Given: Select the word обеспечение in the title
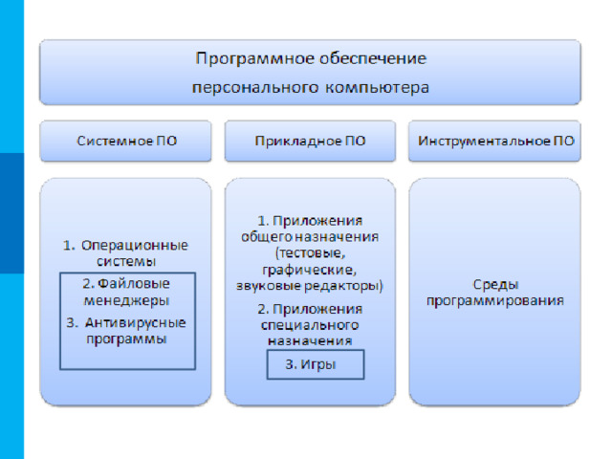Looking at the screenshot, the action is (373, 59).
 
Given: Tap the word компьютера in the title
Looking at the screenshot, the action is (377, 88).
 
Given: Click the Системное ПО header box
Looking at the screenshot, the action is (125, 141).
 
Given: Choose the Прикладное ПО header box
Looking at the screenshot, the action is (310, 141).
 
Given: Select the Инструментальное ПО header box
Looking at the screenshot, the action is (494, 141).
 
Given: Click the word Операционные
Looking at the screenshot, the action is (135, 246).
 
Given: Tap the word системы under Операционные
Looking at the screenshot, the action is (126, 261).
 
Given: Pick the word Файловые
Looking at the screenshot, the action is (134, 284).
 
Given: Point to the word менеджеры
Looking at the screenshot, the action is (126, 301).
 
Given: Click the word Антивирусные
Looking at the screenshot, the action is (136, 323).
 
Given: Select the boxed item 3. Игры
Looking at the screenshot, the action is (316, 364).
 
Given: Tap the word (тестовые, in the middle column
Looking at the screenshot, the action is (310, 253).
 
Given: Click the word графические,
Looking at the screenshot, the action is (309, 270).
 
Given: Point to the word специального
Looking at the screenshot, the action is (310, 325).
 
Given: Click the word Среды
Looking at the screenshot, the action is (495, 285).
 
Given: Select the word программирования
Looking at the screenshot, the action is (495, 301).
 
